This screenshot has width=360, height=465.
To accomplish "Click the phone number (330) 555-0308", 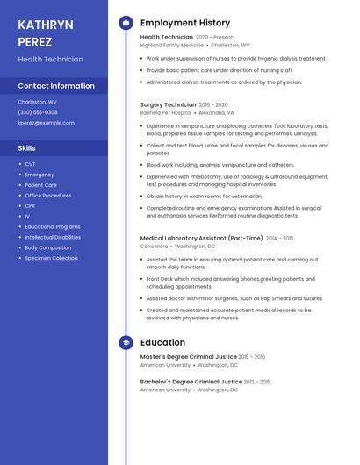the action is pyautogui.click(x=38, y=112).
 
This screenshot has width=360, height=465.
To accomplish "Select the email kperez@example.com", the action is pyautogui.click(x=46, y=123).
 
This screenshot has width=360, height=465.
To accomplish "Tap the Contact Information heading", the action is pyautogui.click(x=56, y=86).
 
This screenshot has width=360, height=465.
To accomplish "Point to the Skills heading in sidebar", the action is pyautogui.click(x=27, y=148).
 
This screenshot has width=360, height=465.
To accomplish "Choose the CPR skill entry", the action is pyautogui.click(x=30, y=206).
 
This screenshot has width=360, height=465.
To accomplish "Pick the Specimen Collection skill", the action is pyautogui.click(x=51, y=258).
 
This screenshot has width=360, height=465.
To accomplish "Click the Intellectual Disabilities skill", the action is pyautogui.click(x=53, y=237).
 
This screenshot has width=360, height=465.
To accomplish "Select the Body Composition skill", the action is pyautogui.click(x=48, y=247).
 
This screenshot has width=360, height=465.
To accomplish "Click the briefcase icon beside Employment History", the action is pyautogui.click(x=126, y=23).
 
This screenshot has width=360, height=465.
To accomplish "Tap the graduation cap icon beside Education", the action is pyautogui.click(x=126, y=342).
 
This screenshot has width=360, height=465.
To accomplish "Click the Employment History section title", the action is pyautogui.click(x=185, y=23).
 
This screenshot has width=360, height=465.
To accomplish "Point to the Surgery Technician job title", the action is pyautogui.click(x=168, y=104).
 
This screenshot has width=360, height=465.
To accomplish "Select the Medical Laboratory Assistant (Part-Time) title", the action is pyautogui.click(x=201, y=238).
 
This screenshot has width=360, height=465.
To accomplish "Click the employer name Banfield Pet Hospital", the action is pyautogui.click(x=166, y=113).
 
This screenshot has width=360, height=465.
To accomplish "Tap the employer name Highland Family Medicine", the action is pyautogui.click(x=172, y=45).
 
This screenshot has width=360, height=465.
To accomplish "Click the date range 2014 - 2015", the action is pyautogui.click(x=280, y=238).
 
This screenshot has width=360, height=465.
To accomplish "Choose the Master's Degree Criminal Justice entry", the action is pyautogui.click(x=188, y=357).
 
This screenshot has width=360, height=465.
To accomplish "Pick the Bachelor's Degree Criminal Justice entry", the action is pyautogui.click(x=191, y=382).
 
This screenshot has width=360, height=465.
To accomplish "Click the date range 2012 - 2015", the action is pyautogui.click(x=257, y=382).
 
